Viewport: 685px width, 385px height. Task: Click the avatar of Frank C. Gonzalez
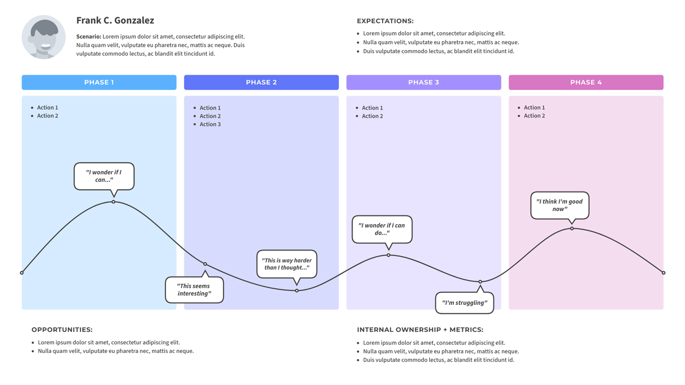pyautogui.click(x=44, y=37)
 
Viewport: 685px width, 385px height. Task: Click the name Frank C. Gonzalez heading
pyautogui.click(x=115, y=21)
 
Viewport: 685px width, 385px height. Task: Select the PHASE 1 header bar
pyautogui.click(x=99, y=82)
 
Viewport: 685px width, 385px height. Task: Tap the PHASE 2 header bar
pyautogui.click(x=261, y=82)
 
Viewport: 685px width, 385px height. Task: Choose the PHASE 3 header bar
pyautogui.click(x=423, y=82)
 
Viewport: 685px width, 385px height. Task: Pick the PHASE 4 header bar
pyautogui.click(x=586, y=82)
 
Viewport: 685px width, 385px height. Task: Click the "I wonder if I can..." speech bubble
pyautogui.click(x=104, y=176)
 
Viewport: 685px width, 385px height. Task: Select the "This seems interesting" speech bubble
pyautogui.click(x=194, y=290)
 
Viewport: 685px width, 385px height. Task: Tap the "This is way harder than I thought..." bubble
pyautogui.click(x=287, y=264)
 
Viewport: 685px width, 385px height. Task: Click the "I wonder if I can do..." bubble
pyautogui.click(x=382, y=229)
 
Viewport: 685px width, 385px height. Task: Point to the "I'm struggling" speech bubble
pyautogui.click(x=464, y=303)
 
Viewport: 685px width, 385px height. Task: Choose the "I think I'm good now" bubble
pyautogui.click(x=560, y=205)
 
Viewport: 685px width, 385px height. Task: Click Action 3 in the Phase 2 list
pyautogui.click(x=210, y=124)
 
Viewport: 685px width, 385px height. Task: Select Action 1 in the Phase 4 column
pyautogui.click(x=534, y=107)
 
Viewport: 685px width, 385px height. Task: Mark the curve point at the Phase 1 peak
pyautogui.click(x=114, y=202)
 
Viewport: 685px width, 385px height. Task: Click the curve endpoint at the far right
pyautogui.click(x=663, y=273)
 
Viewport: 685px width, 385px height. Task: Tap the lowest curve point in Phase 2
pyautogui.click(x=297, y=291)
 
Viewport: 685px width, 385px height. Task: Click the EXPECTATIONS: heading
pyautogui.click(x=385, y=21)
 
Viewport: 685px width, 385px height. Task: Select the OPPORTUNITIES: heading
pyautogui.click(x=62, y=330)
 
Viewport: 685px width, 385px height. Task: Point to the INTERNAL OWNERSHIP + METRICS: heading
pyautogui.click(x=420, y=330)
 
